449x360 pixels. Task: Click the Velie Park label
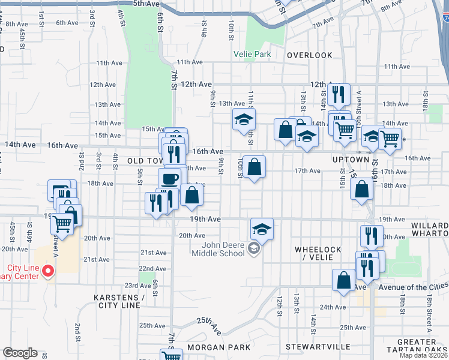tap(252, 55)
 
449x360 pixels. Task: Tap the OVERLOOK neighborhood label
tap(309, 55)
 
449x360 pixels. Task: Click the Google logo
tap(20, 353)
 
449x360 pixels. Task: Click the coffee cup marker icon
tap(169, 178)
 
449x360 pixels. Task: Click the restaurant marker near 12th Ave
tap(340, 94)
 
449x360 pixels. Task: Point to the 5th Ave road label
tap(146, 4)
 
